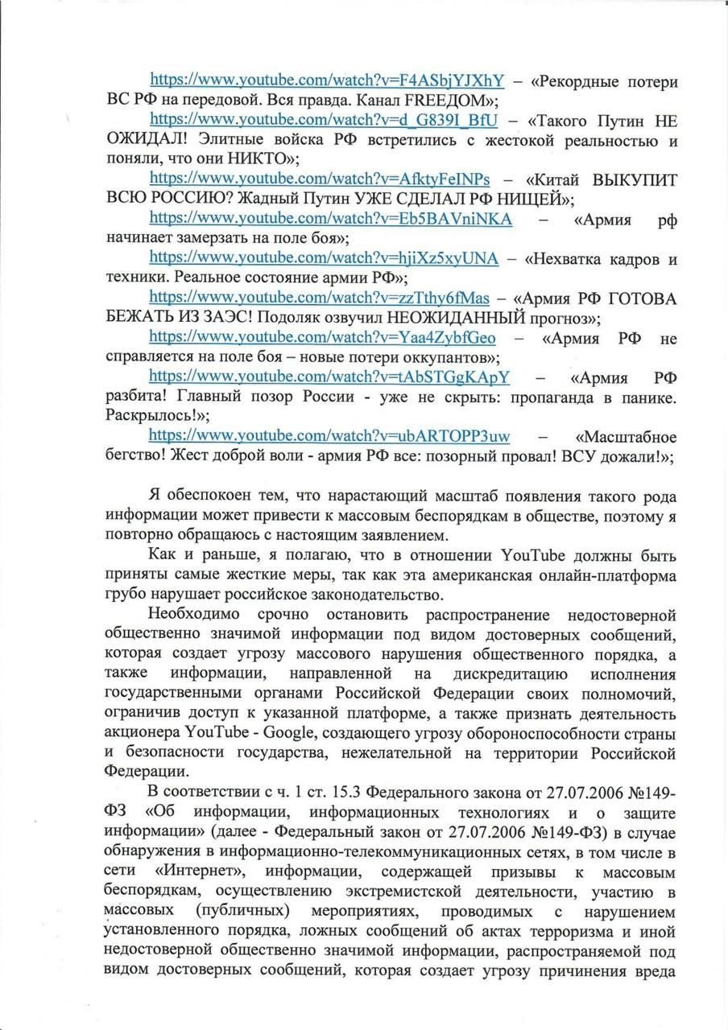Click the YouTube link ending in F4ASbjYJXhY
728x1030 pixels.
tap(328, 80)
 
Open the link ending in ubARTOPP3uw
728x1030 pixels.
tap(329, 435)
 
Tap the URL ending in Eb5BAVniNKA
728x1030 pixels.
tap(331, 219)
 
